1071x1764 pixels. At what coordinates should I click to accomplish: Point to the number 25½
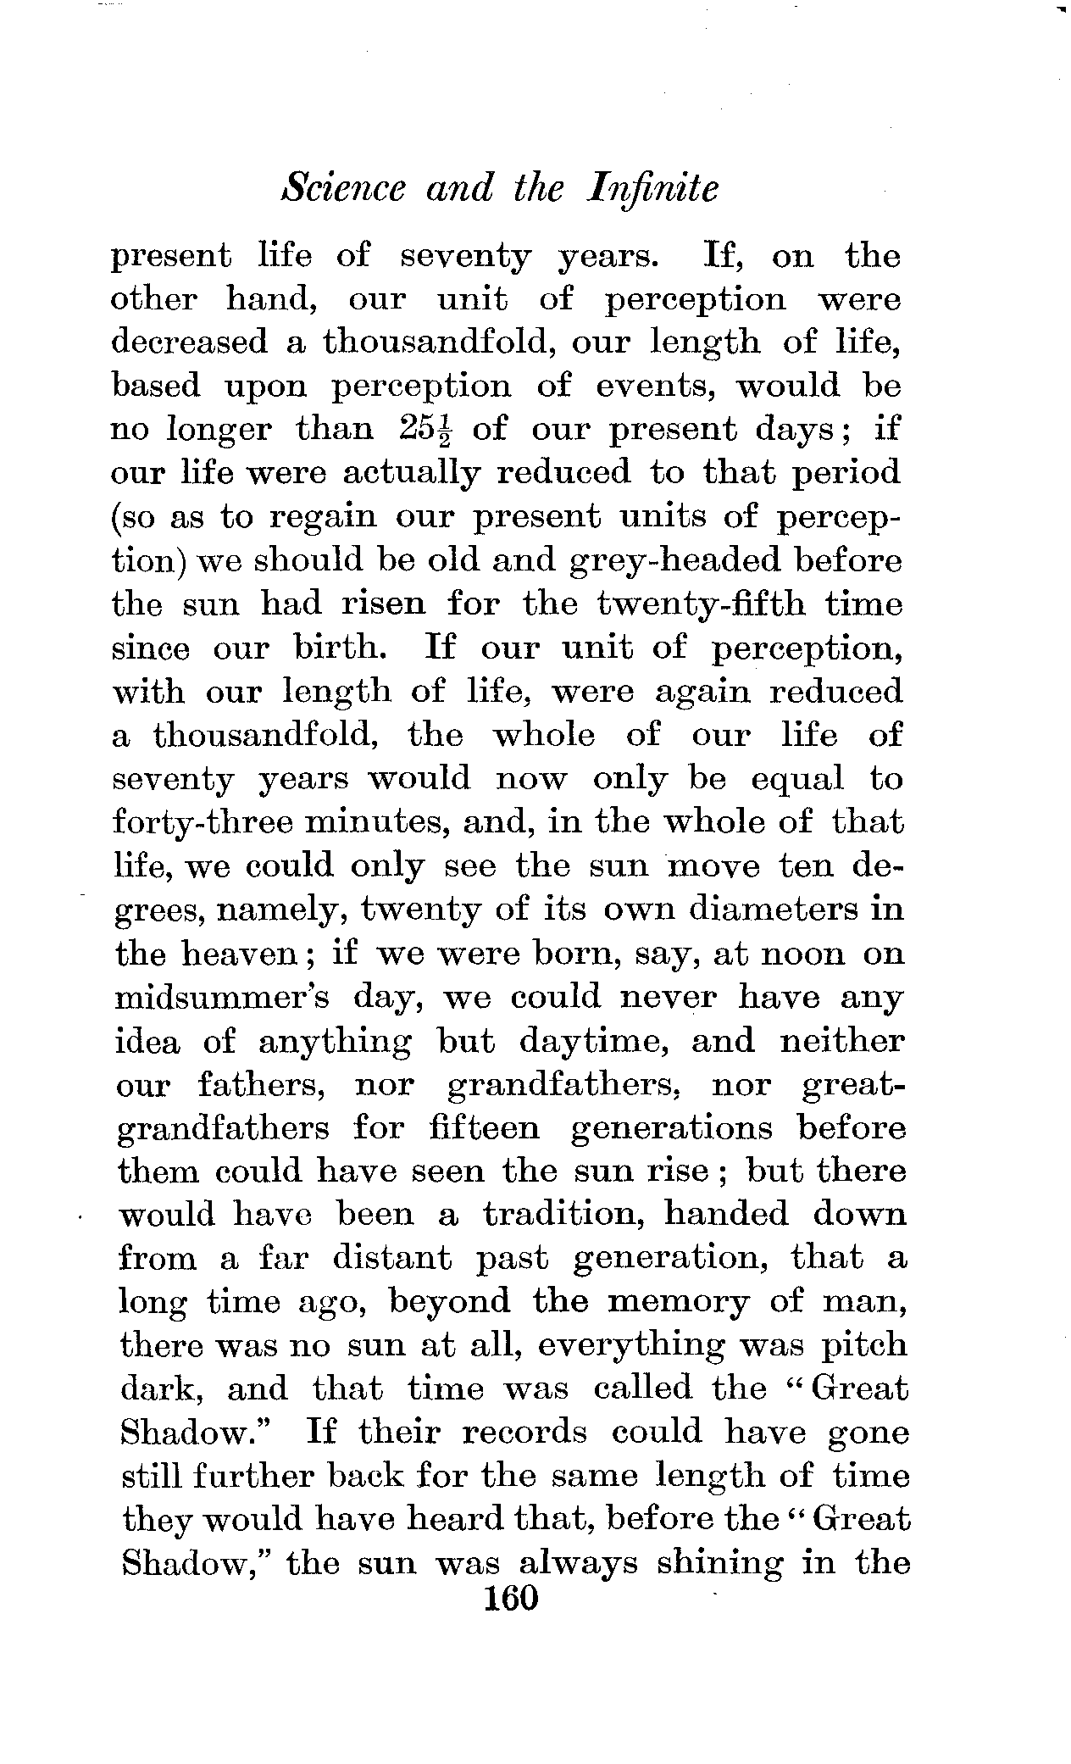point(425,430)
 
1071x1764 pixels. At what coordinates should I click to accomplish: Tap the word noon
point(803,954)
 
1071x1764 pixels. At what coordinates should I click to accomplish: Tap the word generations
point(673,1128)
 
